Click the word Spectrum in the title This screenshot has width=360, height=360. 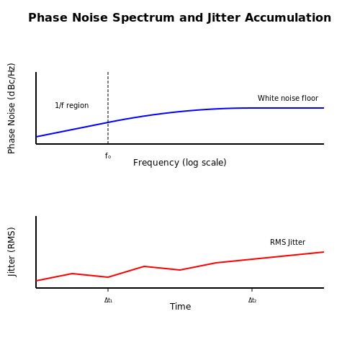[144, 18]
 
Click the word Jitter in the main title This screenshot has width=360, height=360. [223, 18]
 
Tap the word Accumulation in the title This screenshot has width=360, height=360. [288, 18]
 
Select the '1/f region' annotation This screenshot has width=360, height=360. [72, 105]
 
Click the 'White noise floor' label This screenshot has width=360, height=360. [288, 98]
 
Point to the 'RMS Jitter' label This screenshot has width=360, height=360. [287, 242]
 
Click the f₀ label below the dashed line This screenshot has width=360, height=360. [108, 156]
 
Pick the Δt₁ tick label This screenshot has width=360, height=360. [108, 300]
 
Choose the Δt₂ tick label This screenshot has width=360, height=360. [252, 300]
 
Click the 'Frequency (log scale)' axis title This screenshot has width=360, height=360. [180, 163]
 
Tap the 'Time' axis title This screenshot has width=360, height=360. [180, 307]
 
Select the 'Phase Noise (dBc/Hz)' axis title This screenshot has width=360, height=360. [12, 108]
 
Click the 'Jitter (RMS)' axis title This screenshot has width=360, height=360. [12, 252]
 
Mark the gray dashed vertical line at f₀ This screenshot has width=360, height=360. [108, 108]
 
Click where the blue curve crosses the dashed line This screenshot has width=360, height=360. [108, 122]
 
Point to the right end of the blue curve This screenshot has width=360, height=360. [324, 108]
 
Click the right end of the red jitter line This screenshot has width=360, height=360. [324, 252]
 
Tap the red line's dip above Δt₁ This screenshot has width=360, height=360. [108, 277]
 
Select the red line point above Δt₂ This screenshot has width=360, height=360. [252, 259]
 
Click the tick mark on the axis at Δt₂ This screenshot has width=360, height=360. [252, 289]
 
